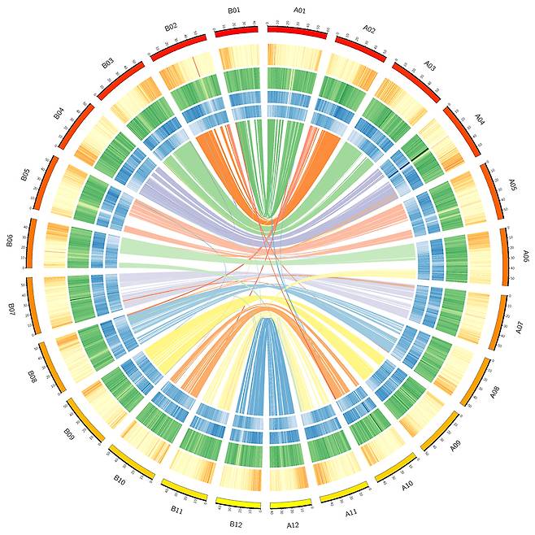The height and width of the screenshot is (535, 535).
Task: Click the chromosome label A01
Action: click(x=299, y=11)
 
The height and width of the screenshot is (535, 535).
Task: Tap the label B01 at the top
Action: click(x=234, y=11)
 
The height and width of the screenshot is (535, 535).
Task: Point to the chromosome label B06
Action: click(x=10, y=241)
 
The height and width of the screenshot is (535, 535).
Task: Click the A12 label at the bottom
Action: click(x=294, y=525)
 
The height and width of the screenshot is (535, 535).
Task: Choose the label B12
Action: click(x=237, y=524)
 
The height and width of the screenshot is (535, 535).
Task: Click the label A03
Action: click(x=429, y=66)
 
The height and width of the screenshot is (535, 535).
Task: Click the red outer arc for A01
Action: click(x=298, y=30)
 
